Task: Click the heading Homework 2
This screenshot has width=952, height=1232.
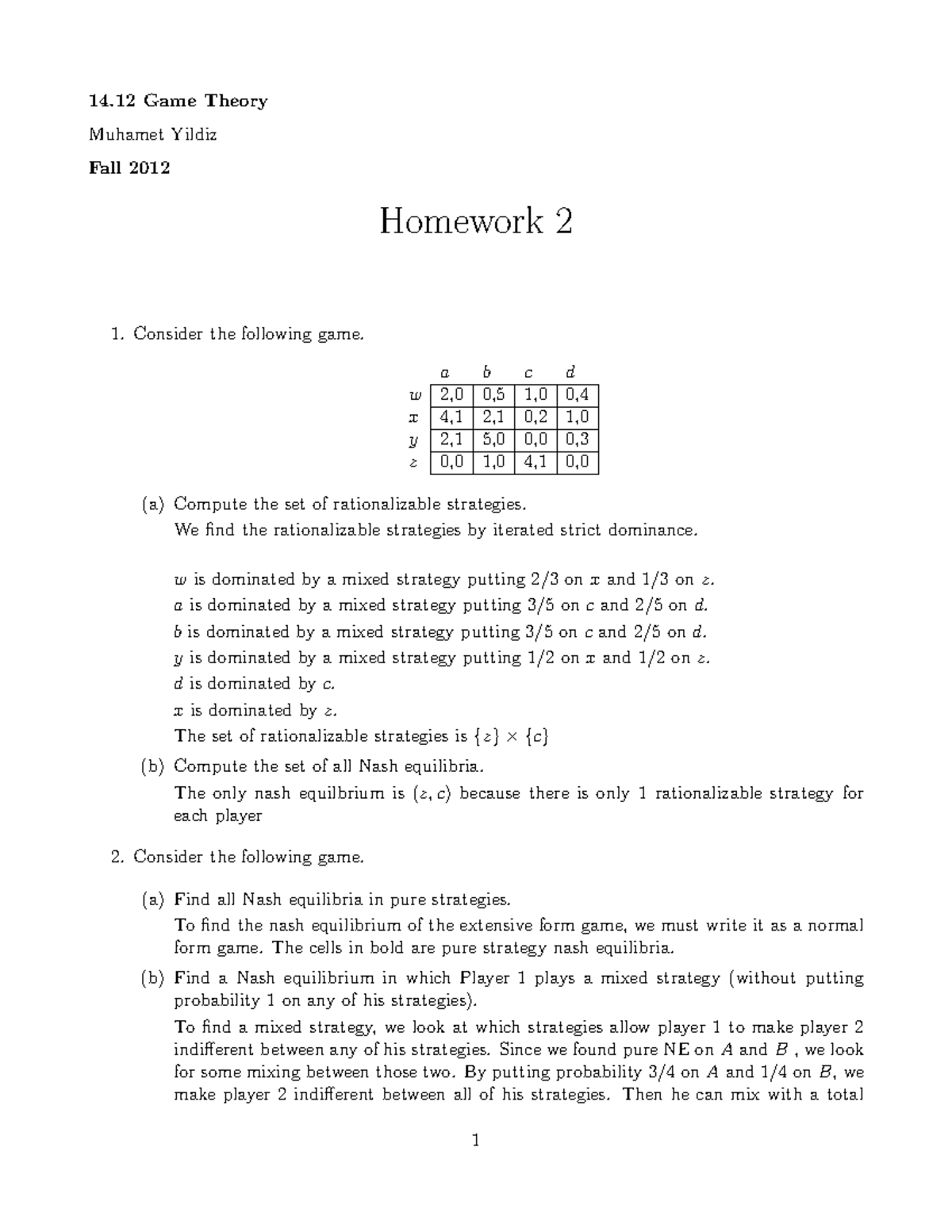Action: tap(475, 221)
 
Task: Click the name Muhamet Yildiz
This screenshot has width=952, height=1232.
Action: tap(152, 134)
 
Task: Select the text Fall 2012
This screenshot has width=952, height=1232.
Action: tap(129, 167)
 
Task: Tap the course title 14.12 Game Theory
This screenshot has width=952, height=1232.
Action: tap(178, 101)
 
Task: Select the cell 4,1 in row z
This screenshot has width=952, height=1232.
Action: tap(535, 462)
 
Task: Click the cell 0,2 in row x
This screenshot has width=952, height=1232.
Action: tap(535, 417)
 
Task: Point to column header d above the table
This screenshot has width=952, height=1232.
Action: tap(570, 371)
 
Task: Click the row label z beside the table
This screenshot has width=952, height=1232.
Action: tap(413, 462)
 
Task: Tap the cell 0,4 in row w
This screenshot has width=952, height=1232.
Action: tap(577, 394)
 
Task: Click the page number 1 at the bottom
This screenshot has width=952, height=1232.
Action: tap(475, 1142)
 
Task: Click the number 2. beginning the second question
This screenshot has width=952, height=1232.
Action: tap(117, 857)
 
